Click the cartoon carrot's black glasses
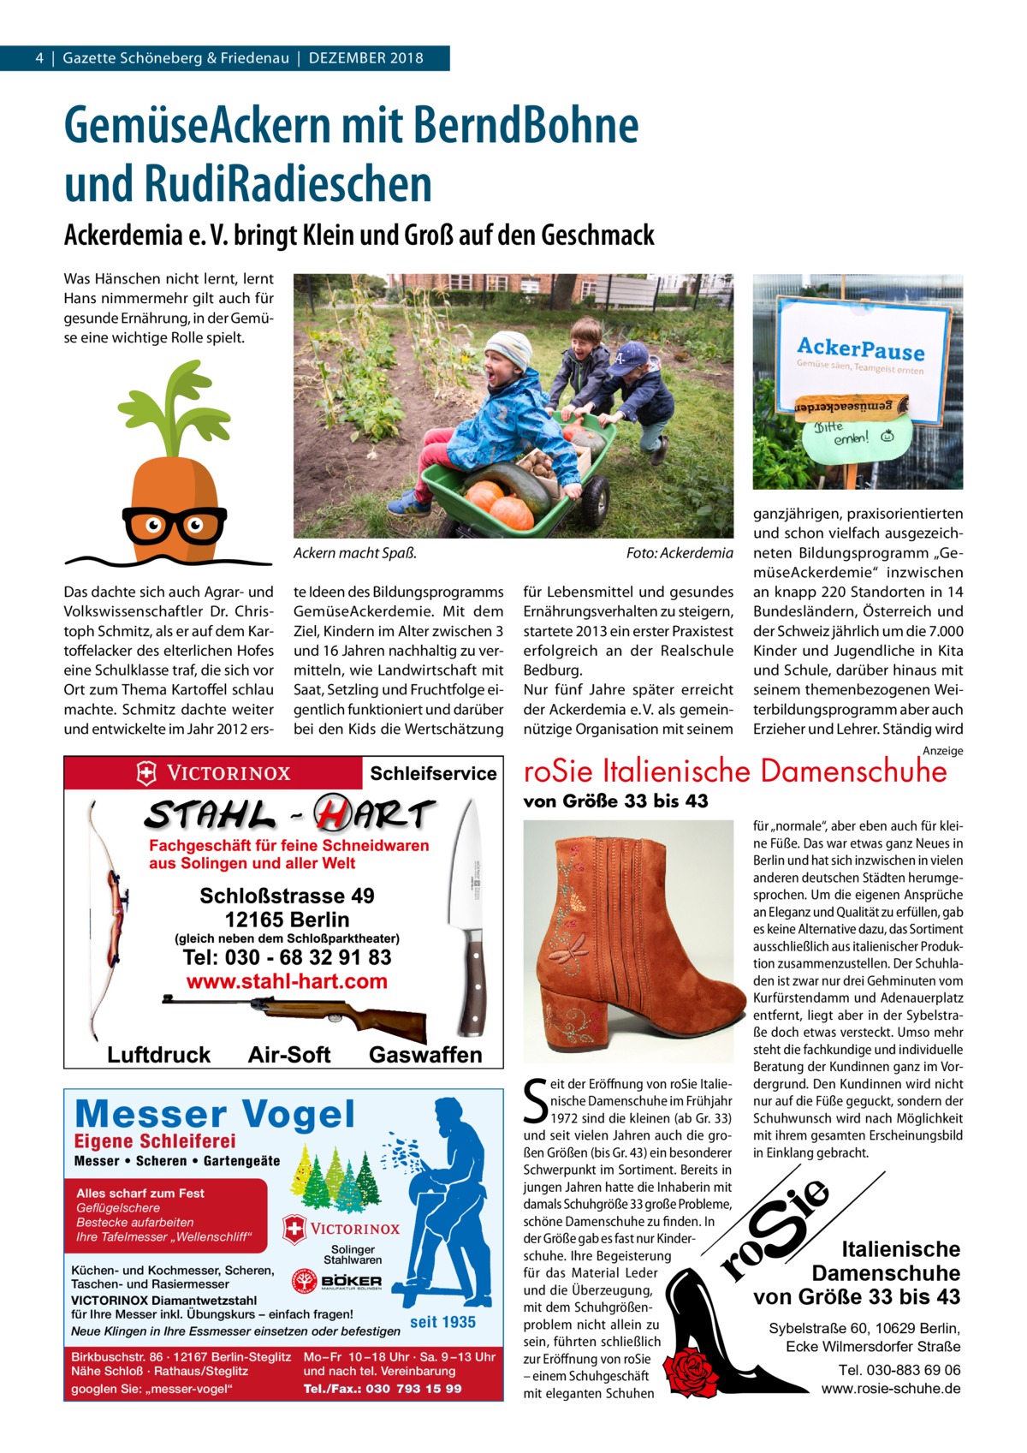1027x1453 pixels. [175, 525]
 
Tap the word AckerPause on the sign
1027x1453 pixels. [860, 348]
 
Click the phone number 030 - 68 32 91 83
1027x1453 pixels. [288, 956]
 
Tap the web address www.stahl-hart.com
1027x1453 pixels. [288, 981]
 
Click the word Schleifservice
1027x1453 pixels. [433, 773]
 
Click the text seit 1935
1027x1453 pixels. [442, 1322]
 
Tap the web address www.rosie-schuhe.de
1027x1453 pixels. [891, 1388]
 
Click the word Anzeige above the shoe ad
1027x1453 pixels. [943, 751]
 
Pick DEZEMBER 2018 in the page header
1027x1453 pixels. [366, 58]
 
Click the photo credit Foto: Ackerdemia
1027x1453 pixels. [680, 553]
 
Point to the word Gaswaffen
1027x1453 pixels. [425, 1055]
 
